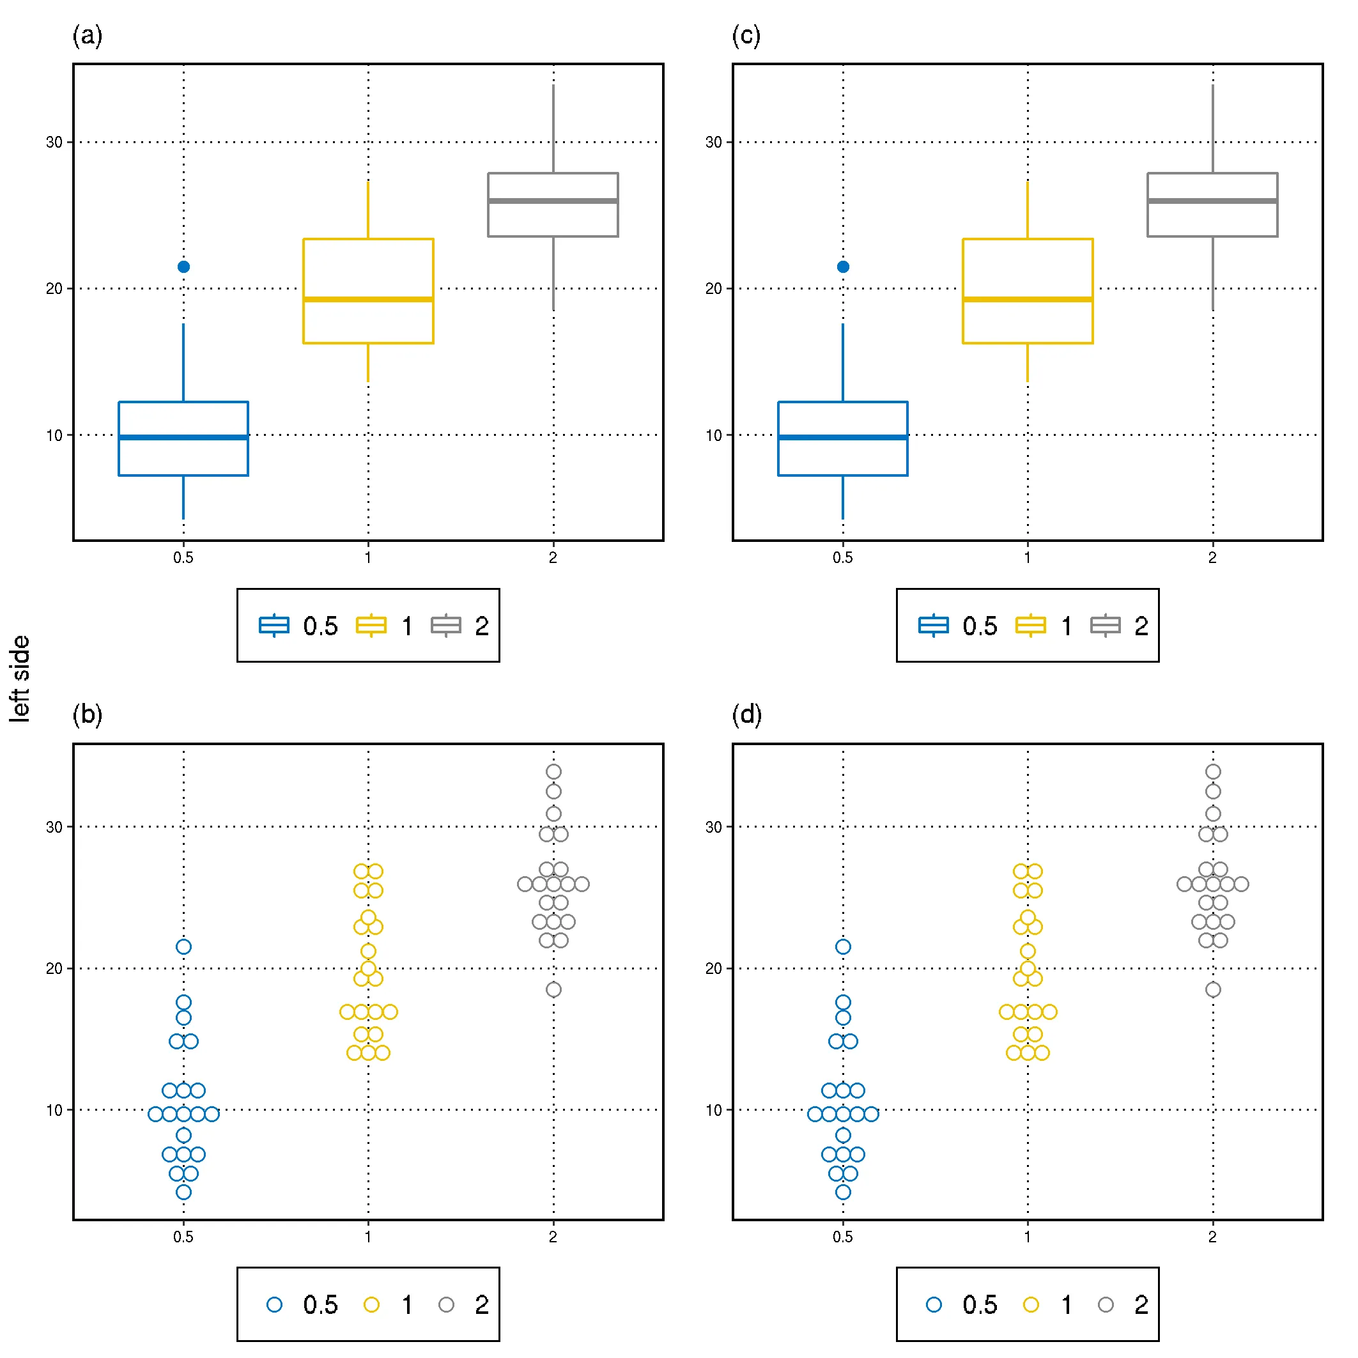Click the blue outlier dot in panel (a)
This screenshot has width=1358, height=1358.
click(183, 266)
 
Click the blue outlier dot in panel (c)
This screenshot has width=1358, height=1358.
click(843, 266)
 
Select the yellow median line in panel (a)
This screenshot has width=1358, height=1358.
click(367, 300)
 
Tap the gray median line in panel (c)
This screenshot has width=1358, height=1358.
click(1212, 201)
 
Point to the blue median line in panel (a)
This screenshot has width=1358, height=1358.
click(183, 437)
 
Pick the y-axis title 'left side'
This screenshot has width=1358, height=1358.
click(20, 678)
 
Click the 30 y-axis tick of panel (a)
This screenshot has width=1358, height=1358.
click(54, 142)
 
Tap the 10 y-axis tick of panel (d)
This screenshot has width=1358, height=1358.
click(713, 1111)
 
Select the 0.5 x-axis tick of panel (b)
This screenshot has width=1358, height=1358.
click(183, 1237)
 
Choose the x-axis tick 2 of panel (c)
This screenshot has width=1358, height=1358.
click(1212, 557)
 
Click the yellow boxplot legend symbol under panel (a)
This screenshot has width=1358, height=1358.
click(371, 625)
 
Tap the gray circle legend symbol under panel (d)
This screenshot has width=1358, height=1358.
click(1106, 1306)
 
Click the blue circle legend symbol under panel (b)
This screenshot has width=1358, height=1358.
click(274, 1306)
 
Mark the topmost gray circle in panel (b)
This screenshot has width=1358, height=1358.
click(553, 772)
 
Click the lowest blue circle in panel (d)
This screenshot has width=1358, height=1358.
click(843, 1192)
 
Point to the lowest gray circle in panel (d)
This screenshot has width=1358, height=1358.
click(1212, 990)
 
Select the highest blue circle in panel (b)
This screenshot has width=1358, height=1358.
click(183, 947)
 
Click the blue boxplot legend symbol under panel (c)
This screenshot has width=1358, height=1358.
click(934, 625)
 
